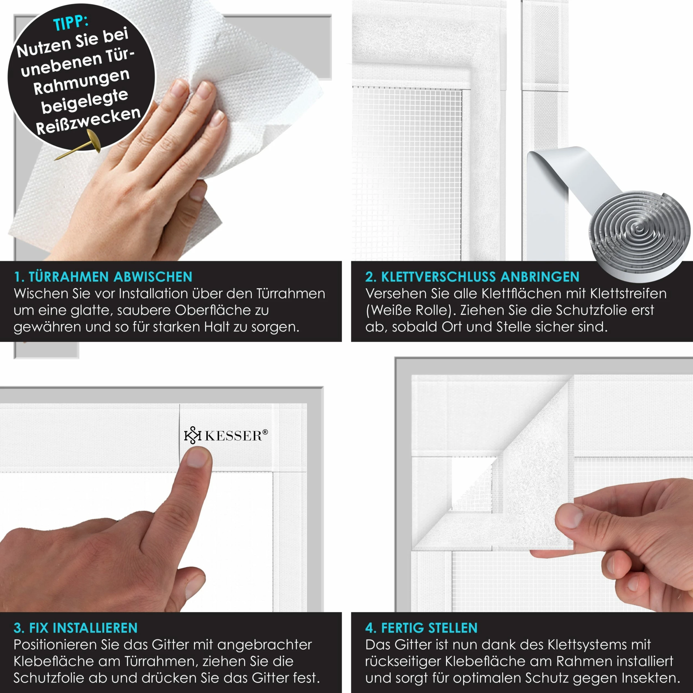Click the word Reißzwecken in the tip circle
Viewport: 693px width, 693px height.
pyautogui.click(x=88, y=121)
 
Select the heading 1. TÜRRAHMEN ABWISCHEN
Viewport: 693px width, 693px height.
pyautogui.click(x=103, y=277)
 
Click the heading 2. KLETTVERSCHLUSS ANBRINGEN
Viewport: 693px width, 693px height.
pyautogui.click(x=472, y=277)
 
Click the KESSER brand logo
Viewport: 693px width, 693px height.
pyautogui.click(x=226, y=435)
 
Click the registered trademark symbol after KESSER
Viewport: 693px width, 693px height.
pyautogui.click(x=265, y=432)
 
